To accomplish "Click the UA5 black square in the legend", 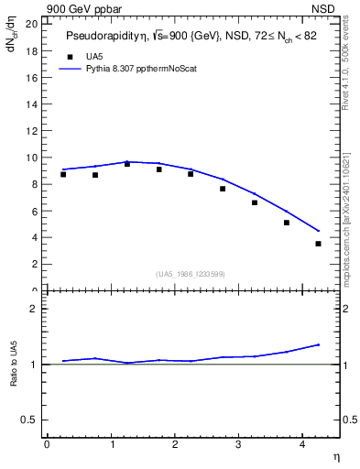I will click(x=68, y=57).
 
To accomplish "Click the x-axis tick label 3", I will click(x=238, y=444).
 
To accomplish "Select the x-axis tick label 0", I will click(x=47, y=444).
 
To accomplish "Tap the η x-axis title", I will click(x=335, y=455).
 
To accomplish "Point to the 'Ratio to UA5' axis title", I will click(x=14, y=377).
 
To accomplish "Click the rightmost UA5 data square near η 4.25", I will click(x=318, y=244).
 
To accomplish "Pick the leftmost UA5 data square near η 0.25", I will click(x=62, y=174).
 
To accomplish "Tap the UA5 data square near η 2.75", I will click(x=223, y=189).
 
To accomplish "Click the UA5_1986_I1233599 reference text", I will click(x=191, y=274).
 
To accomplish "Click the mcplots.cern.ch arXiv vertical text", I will click(x=346, y=211).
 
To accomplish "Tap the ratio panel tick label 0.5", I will click(x=31, y=420).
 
